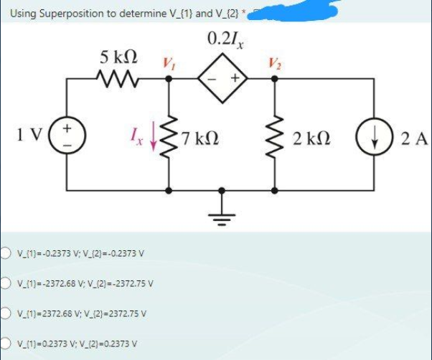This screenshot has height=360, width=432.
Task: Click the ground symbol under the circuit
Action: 222,212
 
